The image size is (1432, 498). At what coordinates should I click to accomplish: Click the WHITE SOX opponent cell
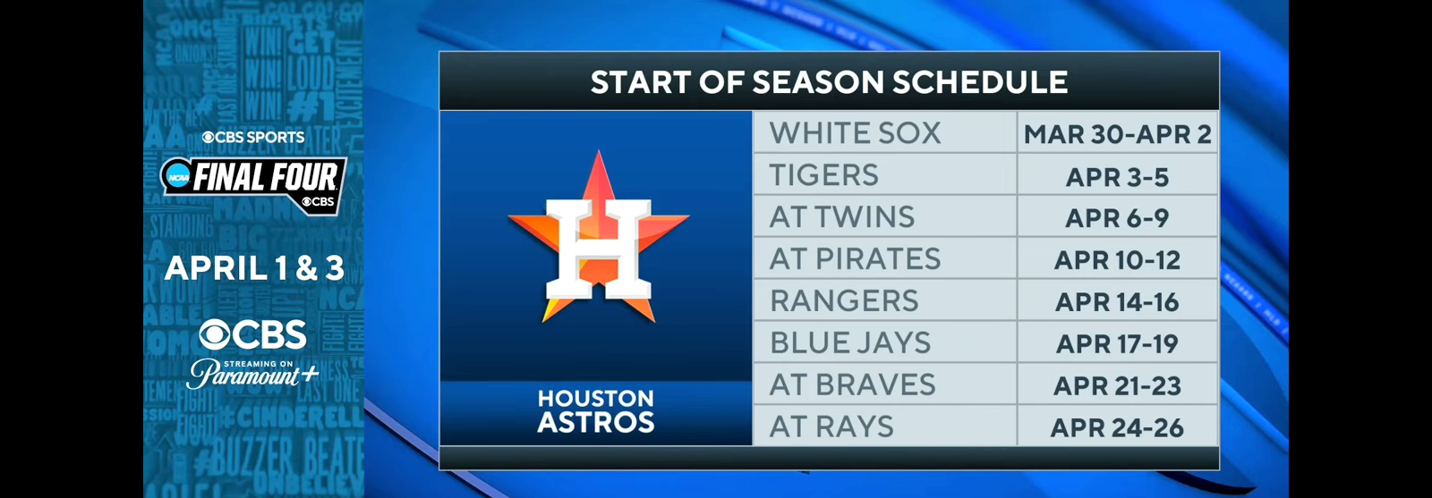pos(855,133)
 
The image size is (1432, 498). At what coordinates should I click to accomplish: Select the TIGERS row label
pos(824,175)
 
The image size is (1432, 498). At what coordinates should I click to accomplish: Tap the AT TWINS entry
pos(842,217)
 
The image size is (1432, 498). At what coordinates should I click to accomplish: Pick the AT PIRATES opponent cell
pos(855,259)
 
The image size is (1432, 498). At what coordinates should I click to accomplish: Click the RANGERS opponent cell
pos(844,301)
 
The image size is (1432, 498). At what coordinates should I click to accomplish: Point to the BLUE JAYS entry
pos(850,343)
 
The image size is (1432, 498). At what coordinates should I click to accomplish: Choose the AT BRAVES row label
pos(852,385)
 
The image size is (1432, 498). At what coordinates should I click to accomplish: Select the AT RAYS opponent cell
pos(831,427)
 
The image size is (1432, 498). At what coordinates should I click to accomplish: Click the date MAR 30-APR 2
pos(1117,134)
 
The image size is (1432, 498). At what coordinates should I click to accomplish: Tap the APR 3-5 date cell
pos(1117,177)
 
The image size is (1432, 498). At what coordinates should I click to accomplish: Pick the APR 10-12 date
pos(1117,260)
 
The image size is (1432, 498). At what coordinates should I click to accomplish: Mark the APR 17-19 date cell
pos(1117,344)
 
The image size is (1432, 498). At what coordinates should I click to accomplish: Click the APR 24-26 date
pos(1117,428)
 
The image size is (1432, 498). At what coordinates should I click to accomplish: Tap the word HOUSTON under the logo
pos(596,399)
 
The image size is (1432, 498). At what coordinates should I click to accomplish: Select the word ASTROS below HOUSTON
pos(596,422)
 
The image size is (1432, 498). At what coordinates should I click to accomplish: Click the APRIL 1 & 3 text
pos(254,268)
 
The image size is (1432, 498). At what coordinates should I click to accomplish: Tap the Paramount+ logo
pos(253,374)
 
